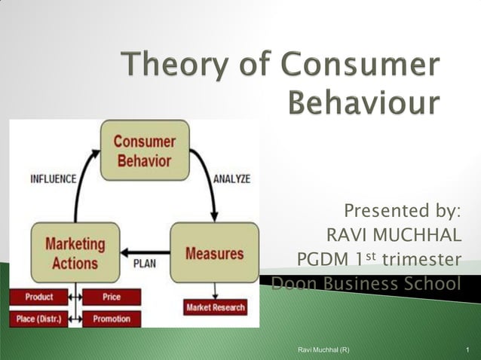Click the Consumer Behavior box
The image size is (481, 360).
[x=144, y=151]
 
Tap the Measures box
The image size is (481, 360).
[x=213, y=253]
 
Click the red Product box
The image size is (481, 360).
[x=38, y=297]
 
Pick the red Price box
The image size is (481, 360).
[x=112, y=297]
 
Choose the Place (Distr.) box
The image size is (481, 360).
[x=38, y=319]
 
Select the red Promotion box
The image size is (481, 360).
[x=112, y=319]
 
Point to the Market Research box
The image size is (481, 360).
[x=215, y=307]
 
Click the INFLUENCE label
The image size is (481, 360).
[x=52, y=179]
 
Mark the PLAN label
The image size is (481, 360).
[x=145, y=264]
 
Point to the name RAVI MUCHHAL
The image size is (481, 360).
[x=394, y=236]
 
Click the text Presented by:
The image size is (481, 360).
[x=402, y=210]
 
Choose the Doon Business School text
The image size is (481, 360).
[x=365, y=284]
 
